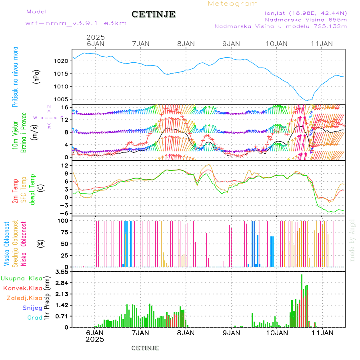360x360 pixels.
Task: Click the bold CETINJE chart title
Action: click(153, 14)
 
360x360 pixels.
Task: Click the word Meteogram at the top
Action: click(233, 4)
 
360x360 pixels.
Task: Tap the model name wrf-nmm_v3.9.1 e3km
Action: click(76, 23)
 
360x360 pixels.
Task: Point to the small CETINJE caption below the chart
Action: click(145, 348)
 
